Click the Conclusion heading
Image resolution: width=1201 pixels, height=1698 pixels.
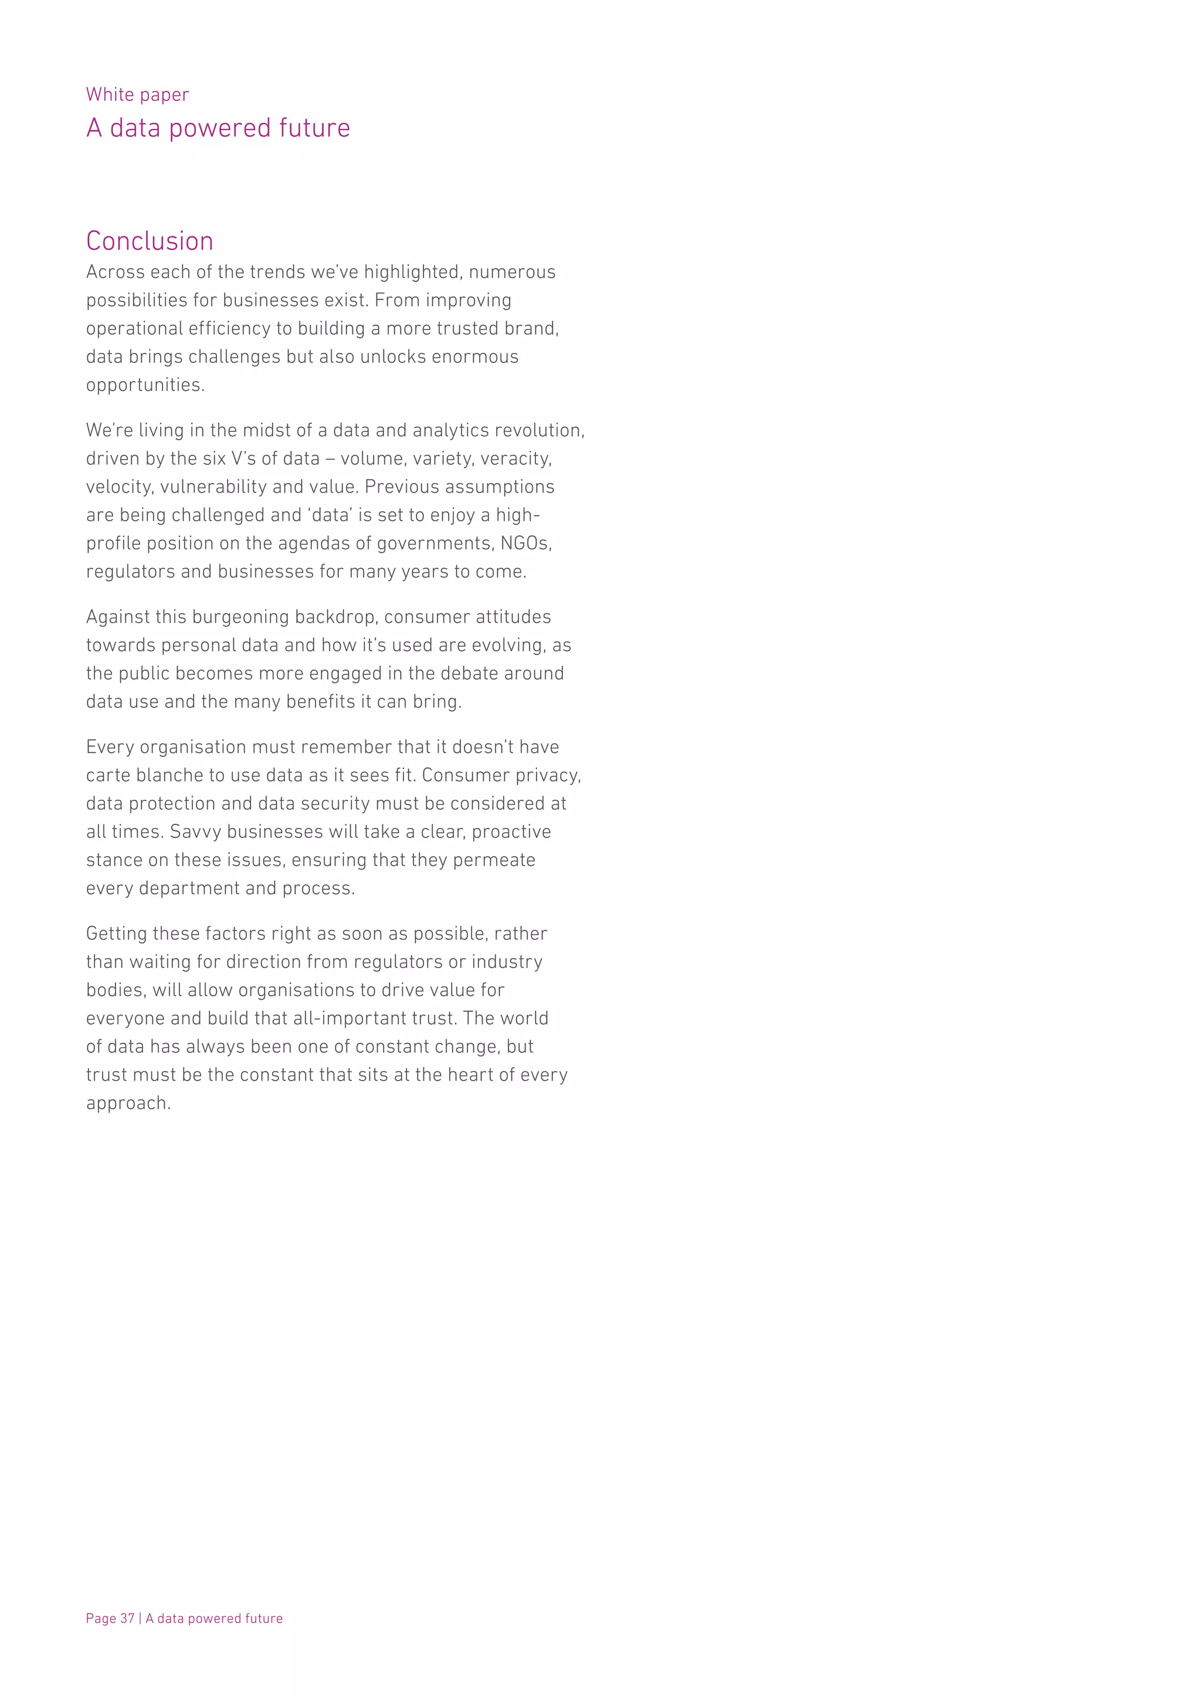point(150,241)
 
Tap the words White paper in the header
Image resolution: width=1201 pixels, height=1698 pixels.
point(138,94)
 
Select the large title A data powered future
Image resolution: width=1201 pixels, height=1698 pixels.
point(218,128)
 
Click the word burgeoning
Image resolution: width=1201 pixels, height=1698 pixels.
point(240,617)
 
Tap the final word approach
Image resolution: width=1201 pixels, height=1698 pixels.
point(127,1103)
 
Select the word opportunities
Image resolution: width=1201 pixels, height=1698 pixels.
point(144,385)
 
